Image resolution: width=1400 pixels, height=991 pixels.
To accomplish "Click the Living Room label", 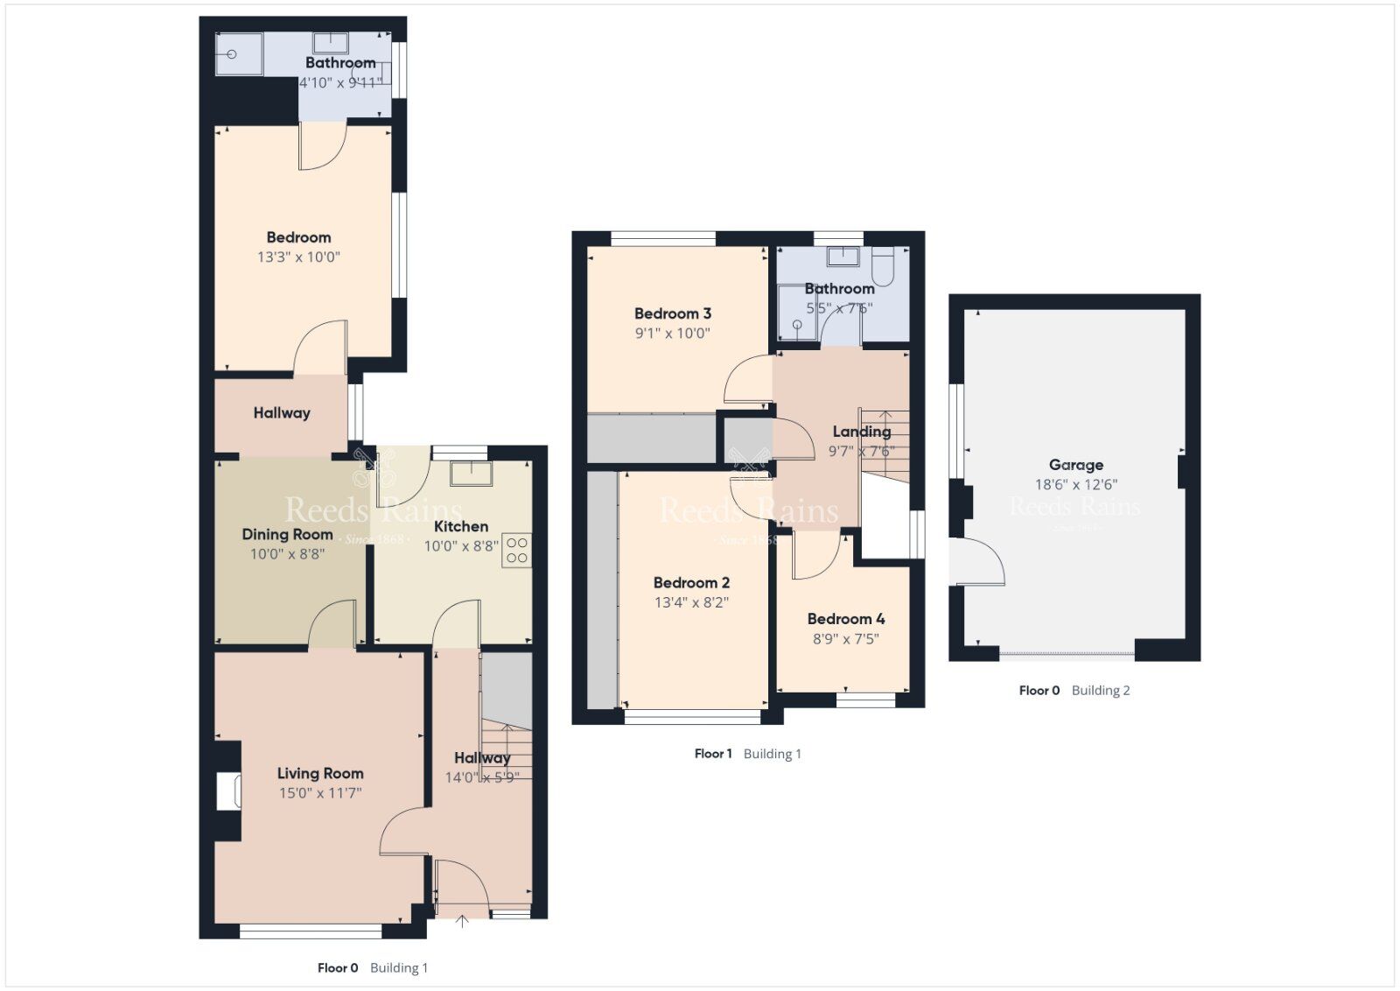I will coord(320,773).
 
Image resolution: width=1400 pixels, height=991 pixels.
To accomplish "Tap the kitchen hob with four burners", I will coord(516,550).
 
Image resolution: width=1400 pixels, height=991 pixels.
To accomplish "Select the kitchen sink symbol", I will coord(471,474).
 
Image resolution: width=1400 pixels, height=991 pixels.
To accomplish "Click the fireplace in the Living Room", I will coord(228,791).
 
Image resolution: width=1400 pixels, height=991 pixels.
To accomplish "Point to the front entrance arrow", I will coord(462,921).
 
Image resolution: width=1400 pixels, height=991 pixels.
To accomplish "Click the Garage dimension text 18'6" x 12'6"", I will coord(1075,484).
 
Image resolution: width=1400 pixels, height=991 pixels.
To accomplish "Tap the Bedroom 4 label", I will coord(845,619).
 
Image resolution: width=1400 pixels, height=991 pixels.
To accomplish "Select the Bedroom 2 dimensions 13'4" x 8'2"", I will coord(691,602).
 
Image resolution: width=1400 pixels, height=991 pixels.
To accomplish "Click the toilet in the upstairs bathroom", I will coord(882,265).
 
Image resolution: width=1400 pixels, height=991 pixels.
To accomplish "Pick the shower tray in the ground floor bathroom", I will coord(238,54).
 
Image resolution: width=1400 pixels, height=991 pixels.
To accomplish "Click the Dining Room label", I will coord(287,534).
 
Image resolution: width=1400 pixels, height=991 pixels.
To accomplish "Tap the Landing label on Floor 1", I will coord(861,432).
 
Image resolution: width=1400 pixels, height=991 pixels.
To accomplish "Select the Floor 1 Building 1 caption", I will coord(747,754).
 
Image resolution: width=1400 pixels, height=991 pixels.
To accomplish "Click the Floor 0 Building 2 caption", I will coord(1074,691).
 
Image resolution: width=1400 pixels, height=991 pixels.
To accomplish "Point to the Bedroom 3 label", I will coord(672,313).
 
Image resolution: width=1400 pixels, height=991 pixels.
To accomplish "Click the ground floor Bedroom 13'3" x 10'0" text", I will coord(298,257).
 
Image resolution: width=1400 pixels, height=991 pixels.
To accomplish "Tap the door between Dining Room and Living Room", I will coord(332,625).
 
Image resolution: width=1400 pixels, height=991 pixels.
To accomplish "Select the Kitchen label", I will coord(461,526).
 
